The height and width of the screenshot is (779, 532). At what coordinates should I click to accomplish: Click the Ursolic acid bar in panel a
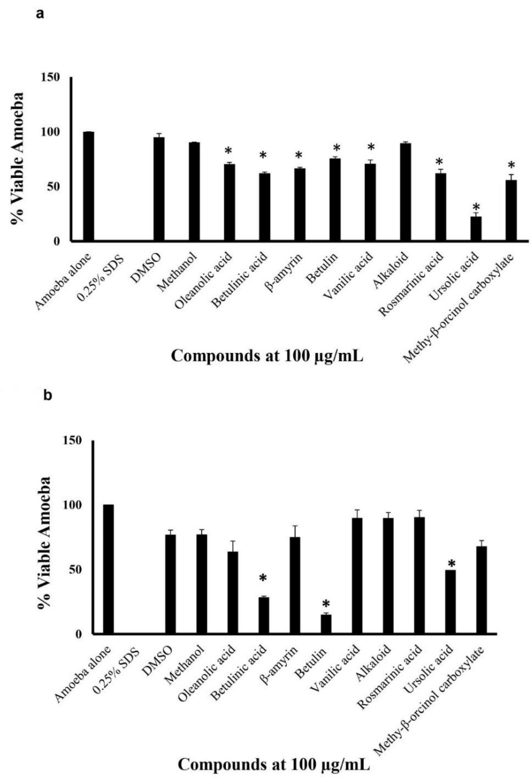pyautogui.click(x=476, y=229)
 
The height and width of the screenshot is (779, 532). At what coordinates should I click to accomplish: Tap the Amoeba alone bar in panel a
pyautogui.click(x=89, y=186)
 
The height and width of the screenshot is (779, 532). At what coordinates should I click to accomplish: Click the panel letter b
pyautogui.click(x=48, y=395)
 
